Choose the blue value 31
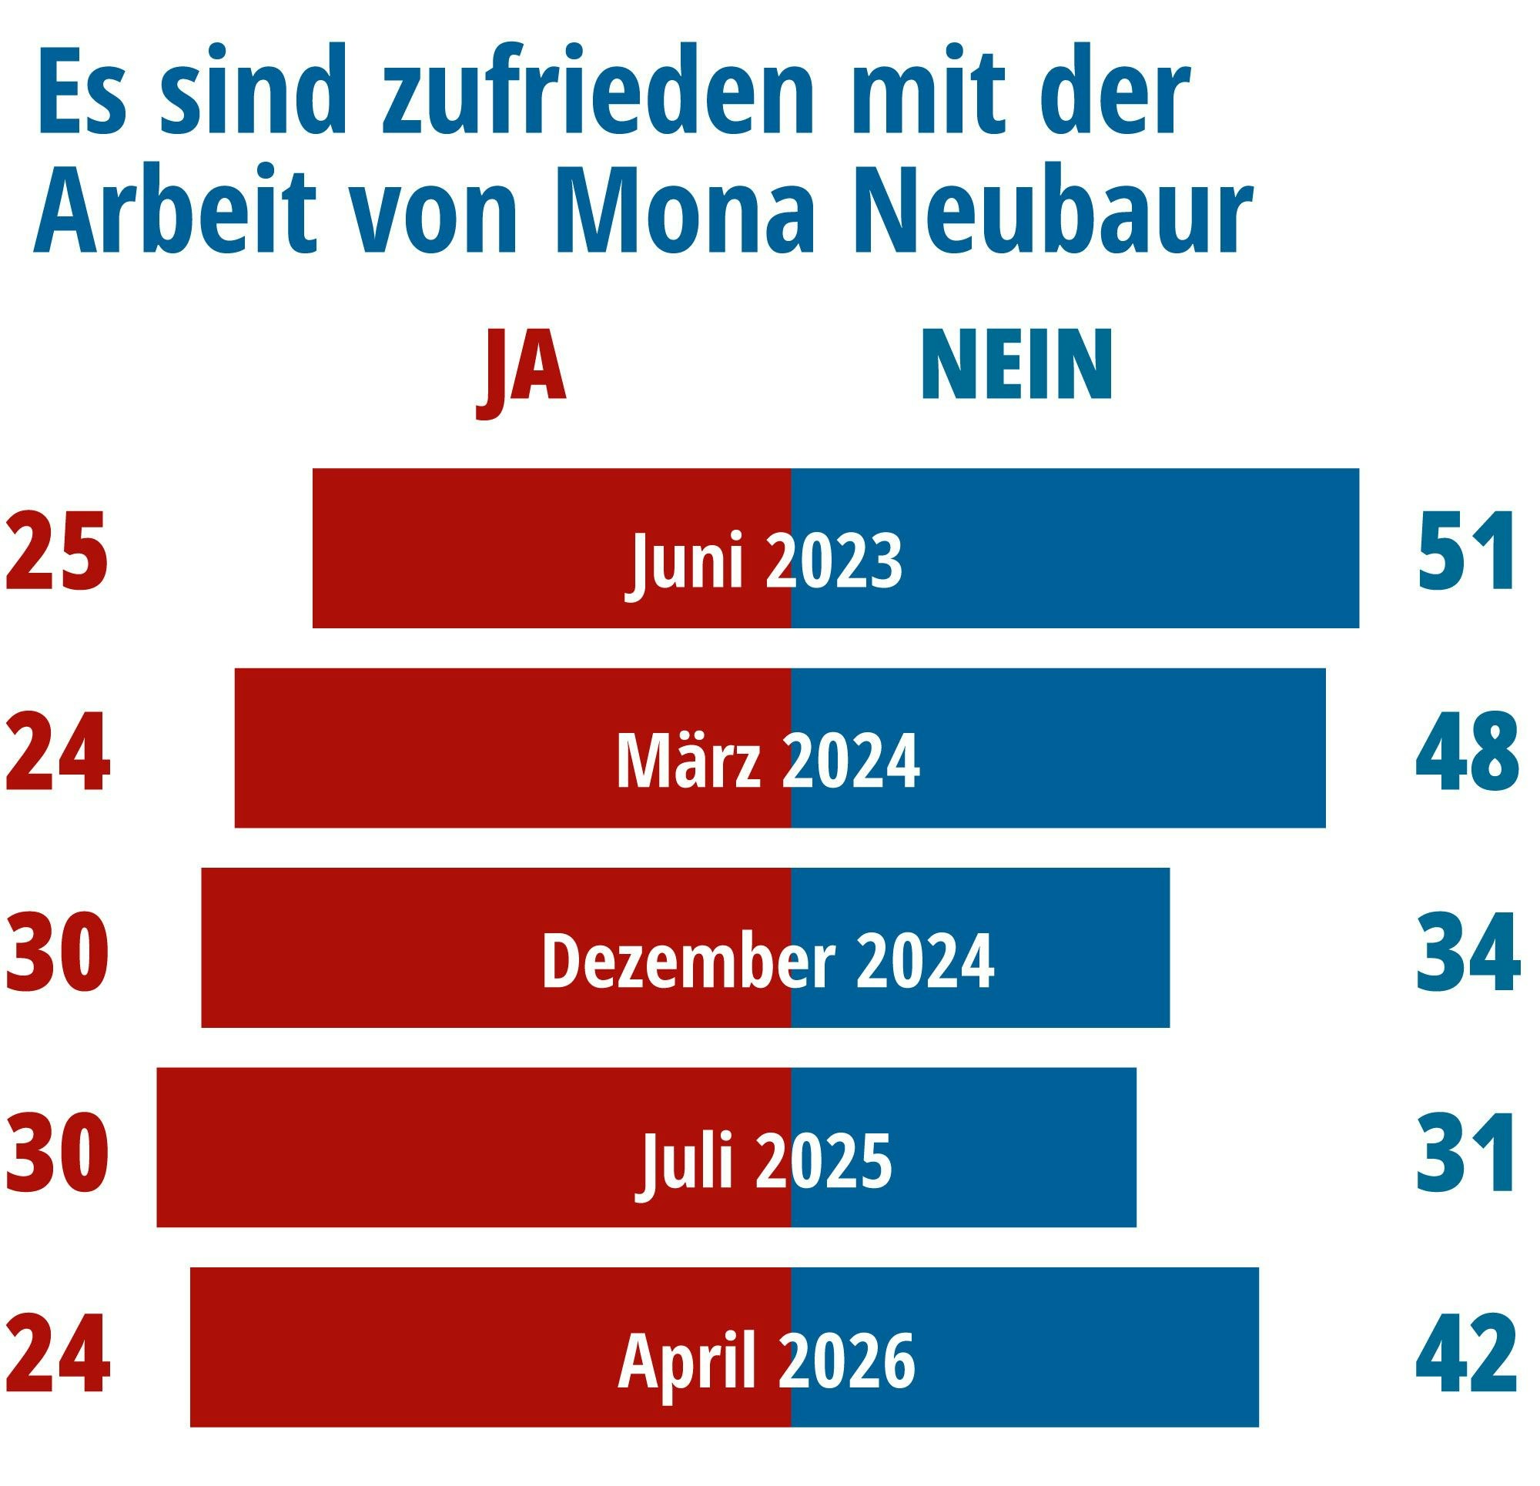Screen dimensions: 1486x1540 [x=1465, y=1153]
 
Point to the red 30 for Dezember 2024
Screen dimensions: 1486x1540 [x=57, y=952]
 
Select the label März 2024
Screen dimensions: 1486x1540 [x=768, y=761]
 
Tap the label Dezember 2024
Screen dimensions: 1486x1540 [x=768, y=961]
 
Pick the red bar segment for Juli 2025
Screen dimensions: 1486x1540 [x=393, y=1148]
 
